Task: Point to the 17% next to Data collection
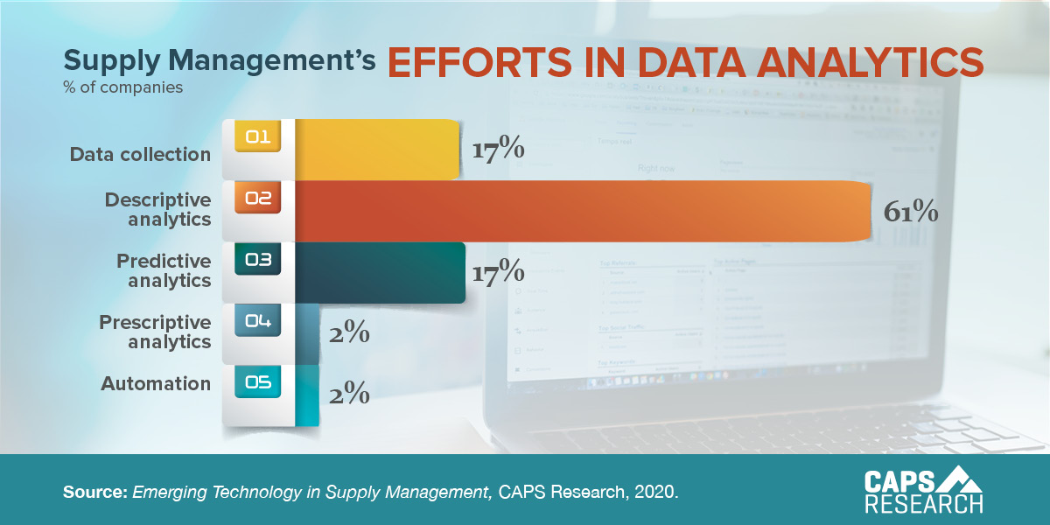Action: (498, 150)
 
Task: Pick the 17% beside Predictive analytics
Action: (498, 271)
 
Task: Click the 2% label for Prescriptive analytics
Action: (349, 334)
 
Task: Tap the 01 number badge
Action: (258, 137)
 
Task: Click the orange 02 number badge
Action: (258, 199)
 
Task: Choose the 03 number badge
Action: (258, 260)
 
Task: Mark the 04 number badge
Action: (258, 321)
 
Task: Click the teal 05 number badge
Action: (258, 382)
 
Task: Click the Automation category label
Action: (156, 383)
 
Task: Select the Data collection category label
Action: (140, 154)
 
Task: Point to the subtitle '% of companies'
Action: (122, 87)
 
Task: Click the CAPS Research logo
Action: (923, 490)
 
